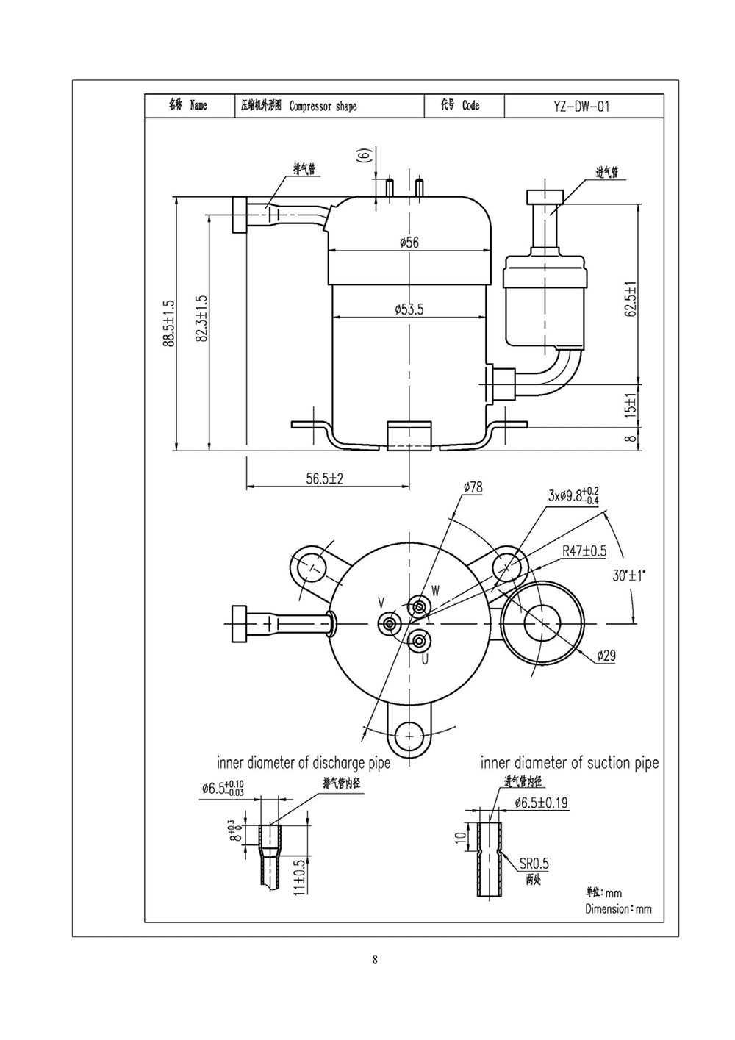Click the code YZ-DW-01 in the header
[581, 107]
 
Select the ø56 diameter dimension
[409, 243]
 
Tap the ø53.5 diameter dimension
[409, 309]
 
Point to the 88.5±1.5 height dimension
[168, 323]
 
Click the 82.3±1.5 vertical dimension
[201, 318]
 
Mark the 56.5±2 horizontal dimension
[324, 478]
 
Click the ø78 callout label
[473, 487]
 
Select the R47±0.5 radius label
[584, 551]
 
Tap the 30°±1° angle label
[629, 576]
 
